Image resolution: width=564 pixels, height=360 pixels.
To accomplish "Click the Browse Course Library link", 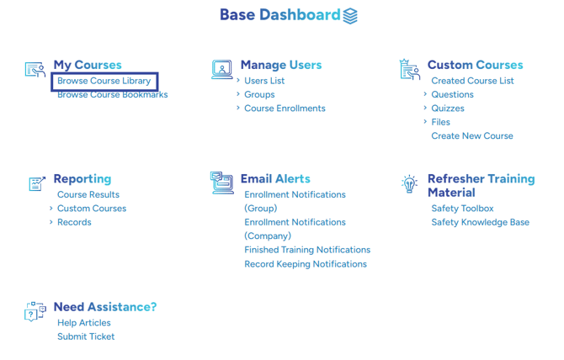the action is point(104,81).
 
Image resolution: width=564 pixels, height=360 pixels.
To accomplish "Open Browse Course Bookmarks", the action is point(113,94).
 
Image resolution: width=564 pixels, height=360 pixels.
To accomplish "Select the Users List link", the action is point(264,81).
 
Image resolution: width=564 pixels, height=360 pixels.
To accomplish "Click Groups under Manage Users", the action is point(259,94).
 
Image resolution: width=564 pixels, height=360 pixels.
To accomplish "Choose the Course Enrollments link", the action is point(285,109).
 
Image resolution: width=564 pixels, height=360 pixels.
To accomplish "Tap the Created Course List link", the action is point(472,81).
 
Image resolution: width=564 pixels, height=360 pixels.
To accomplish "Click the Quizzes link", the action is point(448,109).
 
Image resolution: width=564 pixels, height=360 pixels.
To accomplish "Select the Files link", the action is point(440,122).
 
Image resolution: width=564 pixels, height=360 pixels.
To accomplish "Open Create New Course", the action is point(472,135).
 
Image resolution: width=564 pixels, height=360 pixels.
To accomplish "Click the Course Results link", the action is point(88,194).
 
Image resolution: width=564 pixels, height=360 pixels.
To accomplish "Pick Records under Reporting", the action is point(74,222).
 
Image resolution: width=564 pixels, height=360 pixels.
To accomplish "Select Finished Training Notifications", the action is point(307,250).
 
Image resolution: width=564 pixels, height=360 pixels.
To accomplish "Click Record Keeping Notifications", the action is point(306,264).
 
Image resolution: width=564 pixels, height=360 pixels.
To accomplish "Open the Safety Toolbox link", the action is point(463,209).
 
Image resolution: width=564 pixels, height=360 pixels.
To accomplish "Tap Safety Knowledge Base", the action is point(481,222).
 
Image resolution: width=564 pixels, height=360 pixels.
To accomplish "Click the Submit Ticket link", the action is point(86,336).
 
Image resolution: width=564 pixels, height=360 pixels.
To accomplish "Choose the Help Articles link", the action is point(84,323).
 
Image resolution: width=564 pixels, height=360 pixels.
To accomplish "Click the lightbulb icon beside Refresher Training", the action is point(409,184).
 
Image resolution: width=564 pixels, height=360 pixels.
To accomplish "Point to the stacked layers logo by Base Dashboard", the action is point(350,16).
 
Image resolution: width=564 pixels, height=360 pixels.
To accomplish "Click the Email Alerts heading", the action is point(275,178).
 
